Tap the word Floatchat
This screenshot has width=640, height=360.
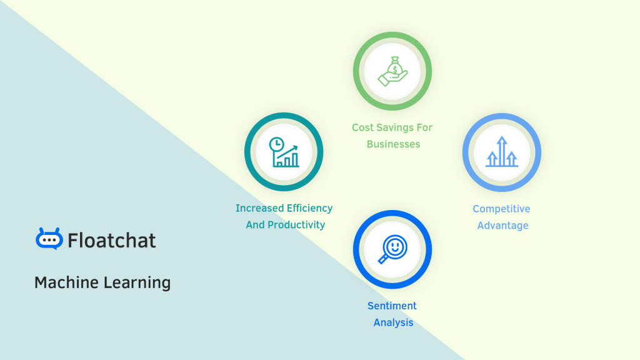(x=112, y=241)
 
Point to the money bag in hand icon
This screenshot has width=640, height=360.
(x=392, y=71)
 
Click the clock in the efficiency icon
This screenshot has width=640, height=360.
(x=276, y=145)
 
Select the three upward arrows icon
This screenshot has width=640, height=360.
(x=502, y=152)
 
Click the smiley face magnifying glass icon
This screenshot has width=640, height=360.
(x=392, y=249)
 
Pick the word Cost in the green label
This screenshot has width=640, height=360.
(x=362, y=127)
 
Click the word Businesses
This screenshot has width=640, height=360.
(x=393, y=144)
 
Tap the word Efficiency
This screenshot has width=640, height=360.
(x=309, y=208)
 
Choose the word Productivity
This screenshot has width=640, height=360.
(x=297, y=225)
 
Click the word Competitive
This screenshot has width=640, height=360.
(x=501, y=209)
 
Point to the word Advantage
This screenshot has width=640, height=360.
(x=502, y=226)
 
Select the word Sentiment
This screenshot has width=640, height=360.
(x=392, y=306)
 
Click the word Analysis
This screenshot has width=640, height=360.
(x=393, y=322)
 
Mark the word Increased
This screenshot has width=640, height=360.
(x=259, y=208)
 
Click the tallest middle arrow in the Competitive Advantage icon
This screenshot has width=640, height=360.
(x=502, y=149)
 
